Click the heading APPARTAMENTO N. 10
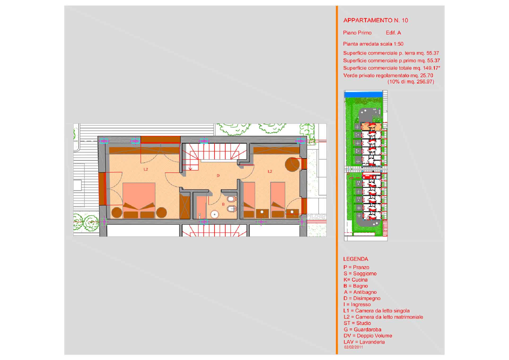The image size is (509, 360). [x=375, y=20]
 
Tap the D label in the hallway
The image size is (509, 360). [x=218, y=176]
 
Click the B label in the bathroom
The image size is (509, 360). [x=223, y=204]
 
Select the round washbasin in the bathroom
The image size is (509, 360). [x=214, y=214]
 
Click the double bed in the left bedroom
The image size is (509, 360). [x=139, y=200]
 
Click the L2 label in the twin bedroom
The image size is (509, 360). [x=270, y=171]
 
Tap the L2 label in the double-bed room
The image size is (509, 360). [x=146, y=169]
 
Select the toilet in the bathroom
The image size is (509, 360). [x=231, y=199]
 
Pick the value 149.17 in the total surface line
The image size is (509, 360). [x=431, y=68]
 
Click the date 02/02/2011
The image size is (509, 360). [x=353, y=347]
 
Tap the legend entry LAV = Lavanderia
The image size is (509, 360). [x=364, y=342]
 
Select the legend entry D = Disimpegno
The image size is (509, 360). [x=362, y=298]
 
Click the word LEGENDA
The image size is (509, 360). [x=356, y=259]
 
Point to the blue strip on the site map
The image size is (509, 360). [x=363, y=94]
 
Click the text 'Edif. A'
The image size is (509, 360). [x=393, y=33]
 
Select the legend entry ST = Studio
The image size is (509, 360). [x=357, y=323]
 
